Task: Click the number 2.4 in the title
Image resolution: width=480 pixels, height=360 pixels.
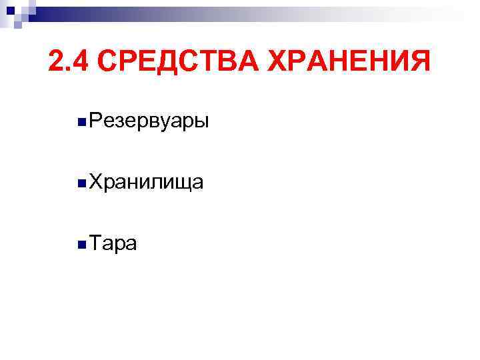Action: pos(69,63)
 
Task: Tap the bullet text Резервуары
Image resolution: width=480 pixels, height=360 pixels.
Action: pos(148,121)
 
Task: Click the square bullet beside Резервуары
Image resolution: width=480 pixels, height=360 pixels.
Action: pos(80,122)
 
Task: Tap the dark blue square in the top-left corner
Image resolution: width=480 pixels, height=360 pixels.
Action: pos(10,9)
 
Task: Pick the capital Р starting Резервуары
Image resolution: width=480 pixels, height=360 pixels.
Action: pos(94,121)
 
